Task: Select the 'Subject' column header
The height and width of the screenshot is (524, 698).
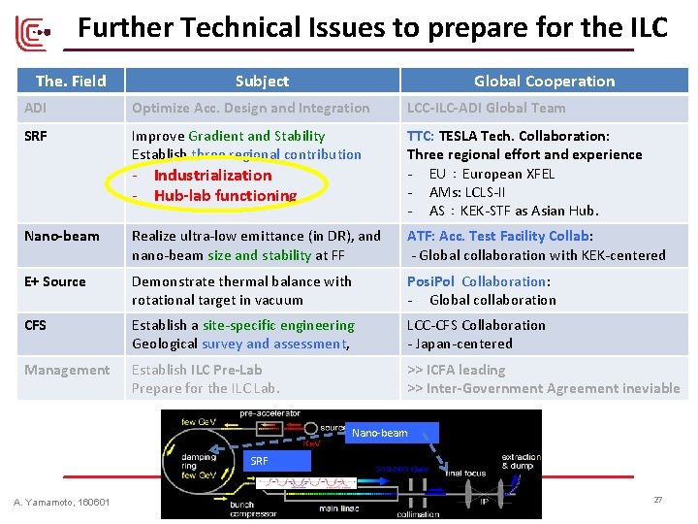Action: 262,81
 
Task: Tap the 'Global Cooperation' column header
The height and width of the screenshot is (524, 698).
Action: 544,81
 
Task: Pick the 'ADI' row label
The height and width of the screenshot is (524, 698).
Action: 36,108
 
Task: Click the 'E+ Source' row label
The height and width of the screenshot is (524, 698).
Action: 55,281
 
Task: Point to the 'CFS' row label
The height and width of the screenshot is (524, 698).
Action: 36,325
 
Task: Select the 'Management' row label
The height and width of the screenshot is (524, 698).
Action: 67,370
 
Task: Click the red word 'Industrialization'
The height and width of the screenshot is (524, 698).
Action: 212,176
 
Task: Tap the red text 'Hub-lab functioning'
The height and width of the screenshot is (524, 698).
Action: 225,195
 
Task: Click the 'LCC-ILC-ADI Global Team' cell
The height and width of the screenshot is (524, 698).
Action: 486,108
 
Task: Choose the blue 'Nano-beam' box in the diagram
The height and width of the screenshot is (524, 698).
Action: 379,433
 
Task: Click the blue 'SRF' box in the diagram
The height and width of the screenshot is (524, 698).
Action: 260,461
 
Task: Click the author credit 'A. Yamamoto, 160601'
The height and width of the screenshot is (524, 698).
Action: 62,502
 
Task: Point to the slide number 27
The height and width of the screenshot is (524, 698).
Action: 657,499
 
